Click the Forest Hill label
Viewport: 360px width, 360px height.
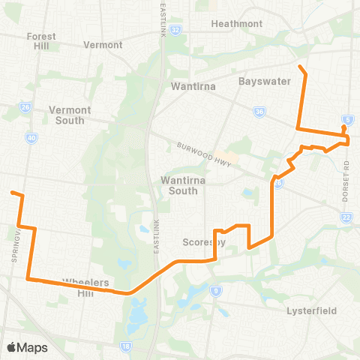41,40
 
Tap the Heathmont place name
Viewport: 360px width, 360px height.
237,23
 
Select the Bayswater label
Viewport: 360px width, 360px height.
264,81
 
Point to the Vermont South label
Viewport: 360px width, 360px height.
70,115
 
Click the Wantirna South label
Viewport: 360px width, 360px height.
180,185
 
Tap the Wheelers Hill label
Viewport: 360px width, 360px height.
86,287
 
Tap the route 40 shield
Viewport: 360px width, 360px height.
31,137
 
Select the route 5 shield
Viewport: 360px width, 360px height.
346,120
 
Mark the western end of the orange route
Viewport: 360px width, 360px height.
12,193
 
